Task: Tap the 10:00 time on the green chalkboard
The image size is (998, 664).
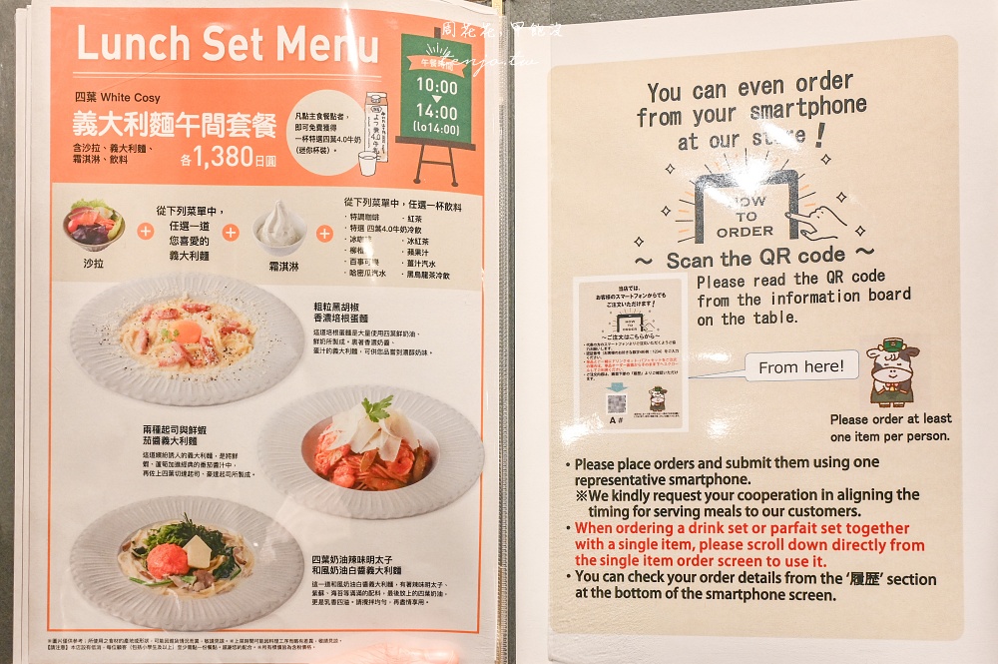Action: [x=436, y=87]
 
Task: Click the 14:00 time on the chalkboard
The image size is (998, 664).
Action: [x=436, y=113]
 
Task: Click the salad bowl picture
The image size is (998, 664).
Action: [x=92, y=227]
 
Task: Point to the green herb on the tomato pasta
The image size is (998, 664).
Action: [x=377, y=408]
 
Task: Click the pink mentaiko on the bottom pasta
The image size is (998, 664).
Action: [x=168, y=560]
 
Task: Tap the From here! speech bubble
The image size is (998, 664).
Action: [x=800, y=366]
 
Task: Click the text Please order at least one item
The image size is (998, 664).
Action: [x=890, y=427]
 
